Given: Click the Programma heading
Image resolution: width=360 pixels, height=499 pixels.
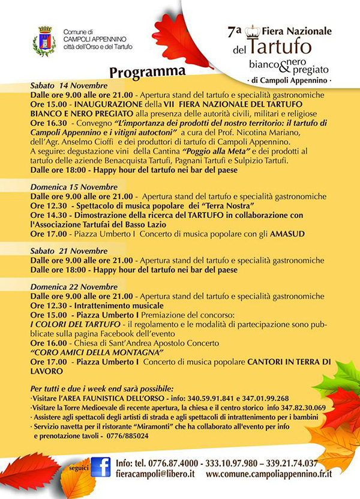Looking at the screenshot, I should tap(147, 72).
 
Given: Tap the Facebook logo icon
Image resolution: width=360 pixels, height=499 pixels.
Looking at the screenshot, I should tap(101, 467).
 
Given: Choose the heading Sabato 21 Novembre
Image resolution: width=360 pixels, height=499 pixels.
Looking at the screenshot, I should tap(68, 251).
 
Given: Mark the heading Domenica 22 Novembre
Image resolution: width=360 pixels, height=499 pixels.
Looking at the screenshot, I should tap(66, 288).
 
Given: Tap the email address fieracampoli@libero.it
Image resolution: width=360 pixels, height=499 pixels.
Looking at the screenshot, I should tap(155, 474).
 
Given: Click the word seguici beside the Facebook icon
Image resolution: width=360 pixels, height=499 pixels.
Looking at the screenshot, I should tap(77, 468).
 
